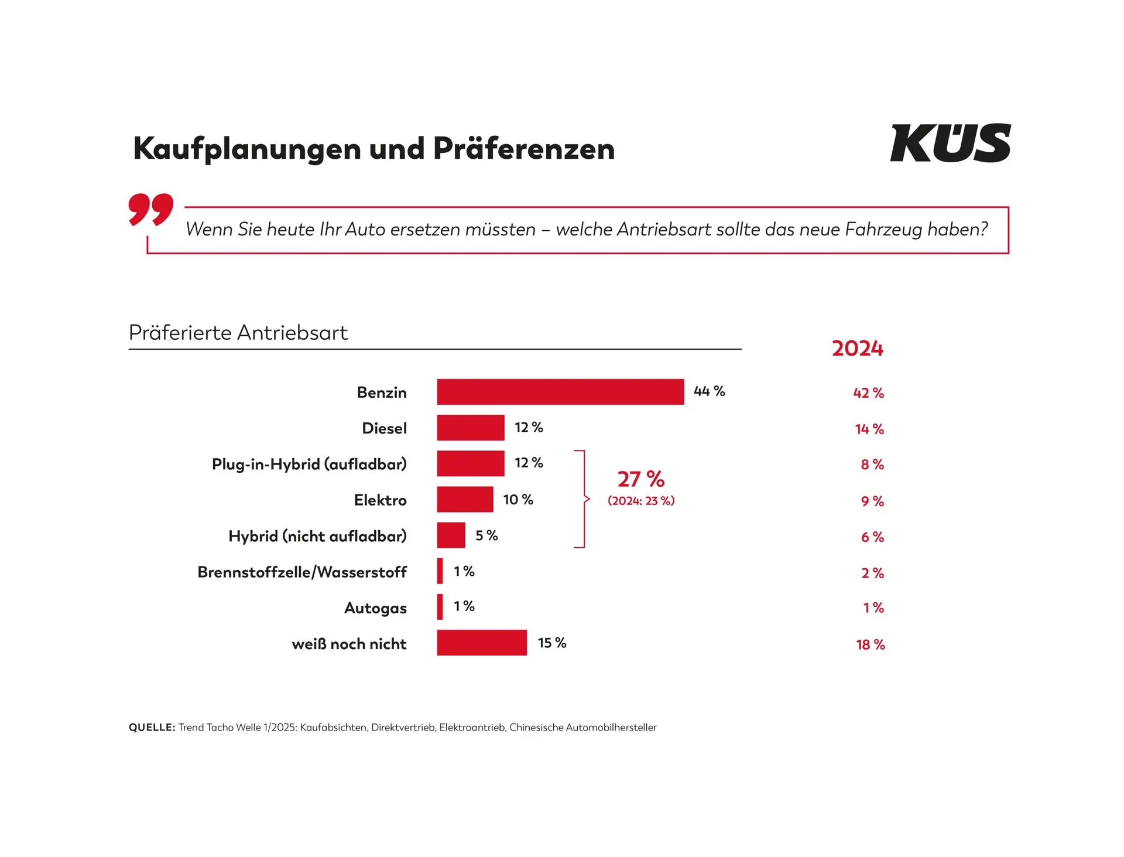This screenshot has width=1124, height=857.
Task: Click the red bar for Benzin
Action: point(560,392)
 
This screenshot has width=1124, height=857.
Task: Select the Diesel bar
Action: point(471,428)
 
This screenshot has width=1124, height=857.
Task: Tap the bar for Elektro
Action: point(465,500)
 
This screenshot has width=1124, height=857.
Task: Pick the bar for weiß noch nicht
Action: point(482,643)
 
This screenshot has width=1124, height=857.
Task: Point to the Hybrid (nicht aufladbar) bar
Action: point(451,535)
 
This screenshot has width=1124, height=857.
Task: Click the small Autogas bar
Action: point(440,607)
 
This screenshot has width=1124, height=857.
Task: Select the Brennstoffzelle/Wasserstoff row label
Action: point(302,572)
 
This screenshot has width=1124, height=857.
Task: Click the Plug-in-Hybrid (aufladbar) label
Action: point(309,464)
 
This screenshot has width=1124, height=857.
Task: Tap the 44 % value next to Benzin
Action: point(709,391)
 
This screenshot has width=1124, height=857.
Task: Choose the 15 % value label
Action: point(552,643)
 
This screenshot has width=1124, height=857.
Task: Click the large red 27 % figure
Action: point(641,479)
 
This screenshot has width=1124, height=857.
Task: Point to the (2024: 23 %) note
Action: point(641,501)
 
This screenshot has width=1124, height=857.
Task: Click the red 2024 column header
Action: point(858,349)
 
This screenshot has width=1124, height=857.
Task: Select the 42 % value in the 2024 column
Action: point(868,393)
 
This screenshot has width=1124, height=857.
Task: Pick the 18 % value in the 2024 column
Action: point(870,644)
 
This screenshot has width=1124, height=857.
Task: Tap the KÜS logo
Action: point(950,143)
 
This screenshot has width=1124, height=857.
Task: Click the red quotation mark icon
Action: point(151,209)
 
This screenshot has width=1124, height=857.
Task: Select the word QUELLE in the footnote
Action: point(152,728)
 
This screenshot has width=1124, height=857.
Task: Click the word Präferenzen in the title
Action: point(524,149)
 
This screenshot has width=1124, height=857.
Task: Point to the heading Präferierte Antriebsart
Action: point(238,333)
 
